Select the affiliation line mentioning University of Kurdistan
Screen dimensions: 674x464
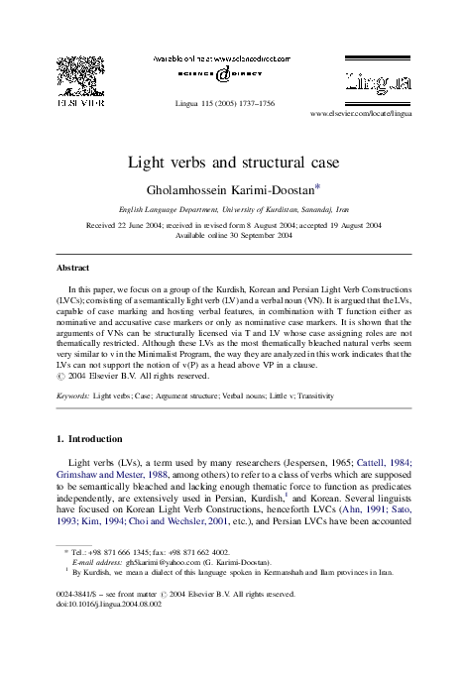point(233,211)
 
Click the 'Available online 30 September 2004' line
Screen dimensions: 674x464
point(233,236)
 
